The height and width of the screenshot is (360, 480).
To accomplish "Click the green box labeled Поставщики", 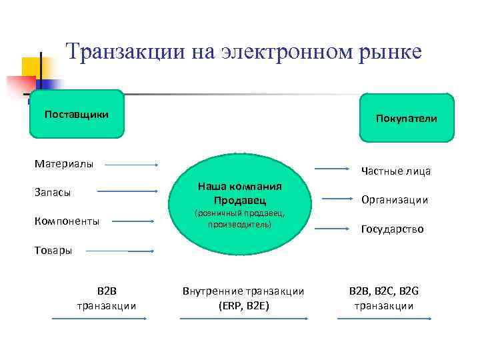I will click(77, 114).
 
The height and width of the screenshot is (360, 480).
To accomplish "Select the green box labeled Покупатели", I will click(407, 118).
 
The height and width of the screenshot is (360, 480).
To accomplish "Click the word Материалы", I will click(64, 163).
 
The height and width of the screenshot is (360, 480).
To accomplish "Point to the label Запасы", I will click(53, 192).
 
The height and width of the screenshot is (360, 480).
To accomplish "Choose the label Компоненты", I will click(67, 221).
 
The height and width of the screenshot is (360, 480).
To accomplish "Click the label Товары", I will click(53, 251).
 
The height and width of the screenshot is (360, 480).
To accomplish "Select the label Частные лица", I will click(396, 171).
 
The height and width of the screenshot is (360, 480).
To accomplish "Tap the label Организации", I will click(395, 200).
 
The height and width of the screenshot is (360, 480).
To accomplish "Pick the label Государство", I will click(392, 229).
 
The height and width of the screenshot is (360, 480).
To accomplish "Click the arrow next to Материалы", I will click(131, 164).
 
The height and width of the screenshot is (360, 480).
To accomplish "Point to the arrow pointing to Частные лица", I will click(332, 169).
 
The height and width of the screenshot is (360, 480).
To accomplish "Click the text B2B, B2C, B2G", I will click(384, 291).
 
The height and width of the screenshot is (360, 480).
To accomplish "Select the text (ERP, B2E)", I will click(243, 306).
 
